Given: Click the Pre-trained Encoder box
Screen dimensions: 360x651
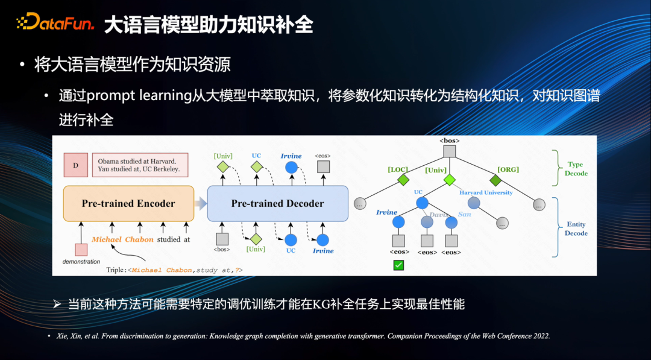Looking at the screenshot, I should pyautogui.click(x=128, y=204).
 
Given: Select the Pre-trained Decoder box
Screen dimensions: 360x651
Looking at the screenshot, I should pyautogui.click(x=277, y=204).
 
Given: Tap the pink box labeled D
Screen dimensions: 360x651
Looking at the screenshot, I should pyautogui.click(x=76, y=165).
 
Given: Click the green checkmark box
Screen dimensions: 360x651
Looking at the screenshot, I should pyautogui.click(x=398, y=265).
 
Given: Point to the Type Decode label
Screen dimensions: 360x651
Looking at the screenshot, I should pyautogui.click(x=576, y=168).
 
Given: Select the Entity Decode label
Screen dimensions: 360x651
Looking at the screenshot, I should pyautogui.click(x=576, y=229).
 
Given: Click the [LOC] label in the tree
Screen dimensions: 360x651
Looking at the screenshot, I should pyautogui.click(x=398, y=169).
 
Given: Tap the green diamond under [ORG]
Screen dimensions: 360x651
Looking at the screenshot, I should pyautogui.click(x=495, y=180).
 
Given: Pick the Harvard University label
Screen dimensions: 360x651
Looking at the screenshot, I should pyautogui.click(x=486, y=192).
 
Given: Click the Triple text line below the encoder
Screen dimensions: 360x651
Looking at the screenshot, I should pyautogui.click(x=175, y=270).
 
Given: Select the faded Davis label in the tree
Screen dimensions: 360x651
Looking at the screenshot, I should pyautogui.click(x=439, y=214).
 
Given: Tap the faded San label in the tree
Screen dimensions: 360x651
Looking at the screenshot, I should pyautogui.click(x=464, y=214).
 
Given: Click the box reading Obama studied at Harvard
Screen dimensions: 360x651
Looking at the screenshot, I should pyautogui.click(x=139, y=165).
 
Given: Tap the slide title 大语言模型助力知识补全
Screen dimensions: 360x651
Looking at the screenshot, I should pyautogui.click(x=209, y=25).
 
